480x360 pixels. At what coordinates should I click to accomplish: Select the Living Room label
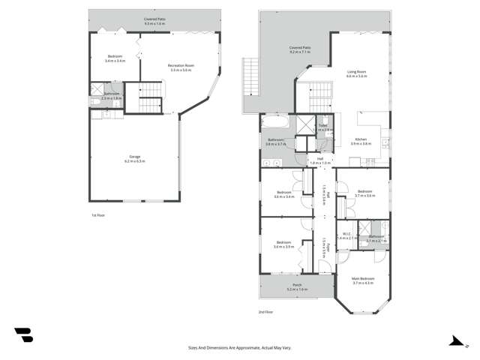(355, 73)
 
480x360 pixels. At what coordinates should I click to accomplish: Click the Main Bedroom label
(362, 279)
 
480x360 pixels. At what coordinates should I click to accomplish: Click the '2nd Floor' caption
(265, 311)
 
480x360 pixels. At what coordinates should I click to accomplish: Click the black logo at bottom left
(23, 335)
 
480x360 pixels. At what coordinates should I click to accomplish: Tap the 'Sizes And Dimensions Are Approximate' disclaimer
(240, 347)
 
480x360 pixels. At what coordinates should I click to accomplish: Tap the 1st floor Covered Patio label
(156, 19)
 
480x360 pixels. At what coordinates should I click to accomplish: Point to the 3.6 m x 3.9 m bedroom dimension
(283, 246)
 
